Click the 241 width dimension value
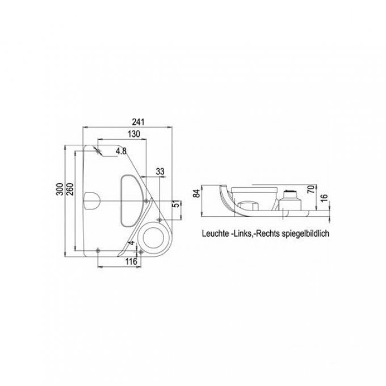click(x=138, y=122)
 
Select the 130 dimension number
click(x=133, y=134)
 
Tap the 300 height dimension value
click(x=60, y=189)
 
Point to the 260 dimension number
click(x=70, y=189)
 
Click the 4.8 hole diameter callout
click(x=121, y=151)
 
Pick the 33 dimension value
click(x=160, y=171)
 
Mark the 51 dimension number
click(x=177, y=204)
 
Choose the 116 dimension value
click(x=131, y=262)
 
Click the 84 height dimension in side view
click(x=197, y=194)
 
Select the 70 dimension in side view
click(x=311, y=189)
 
